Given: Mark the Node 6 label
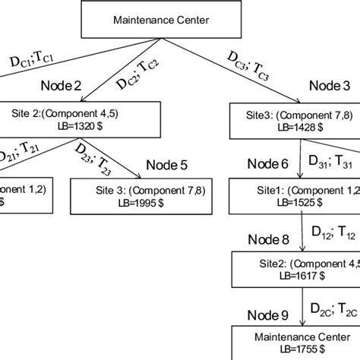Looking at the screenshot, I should (268, 164).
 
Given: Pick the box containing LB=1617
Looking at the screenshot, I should (295, 270).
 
